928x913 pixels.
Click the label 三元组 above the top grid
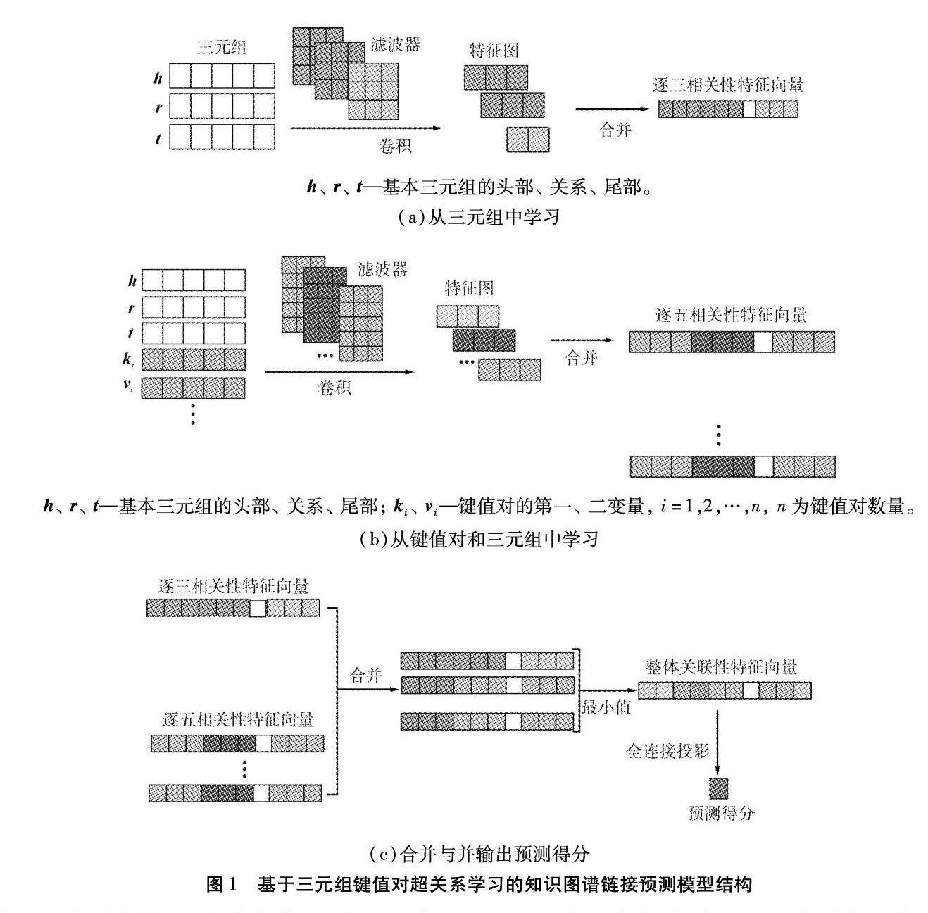point(223,48)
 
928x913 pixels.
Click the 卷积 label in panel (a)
point(395,146)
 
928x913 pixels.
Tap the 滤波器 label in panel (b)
point(383,269)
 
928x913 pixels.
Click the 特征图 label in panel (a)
point(494,50)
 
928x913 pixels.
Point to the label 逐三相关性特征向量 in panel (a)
point(728,86)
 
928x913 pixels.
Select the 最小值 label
point(606,707)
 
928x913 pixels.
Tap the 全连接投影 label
point(667,751)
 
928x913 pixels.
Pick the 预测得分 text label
point(720,813)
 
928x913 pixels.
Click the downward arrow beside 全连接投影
point(718,740)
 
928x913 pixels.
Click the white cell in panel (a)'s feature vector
point(749,109)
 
